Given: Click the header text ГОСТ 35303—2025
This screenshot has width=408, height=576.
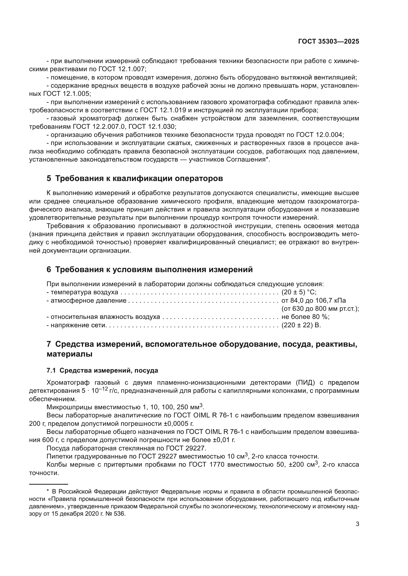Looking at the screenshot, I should (x=328, y=42).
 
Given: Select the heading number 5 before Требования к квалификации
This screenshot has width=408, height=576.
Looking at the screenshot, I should (x=49, y=178).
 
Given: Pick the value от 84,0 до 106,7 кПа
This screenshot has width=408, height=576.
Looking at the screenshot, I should (x=314, y=300).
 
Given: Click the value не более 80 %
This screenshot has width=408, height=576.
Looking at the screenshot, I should (x=305, y=317).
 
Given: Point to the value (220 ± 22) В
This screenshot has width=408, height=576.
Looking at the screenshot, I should (x=301, y=325).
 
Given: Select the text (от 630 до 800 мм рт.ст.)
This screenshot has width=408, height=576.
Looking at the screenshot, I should (x=320, y=309).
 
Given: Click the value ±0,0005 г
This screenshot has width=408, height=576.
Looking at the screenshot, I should (x=179, y=424).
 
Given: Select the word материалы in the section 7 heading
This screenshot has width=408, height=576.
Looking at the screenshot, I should (x=69, y=354).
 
